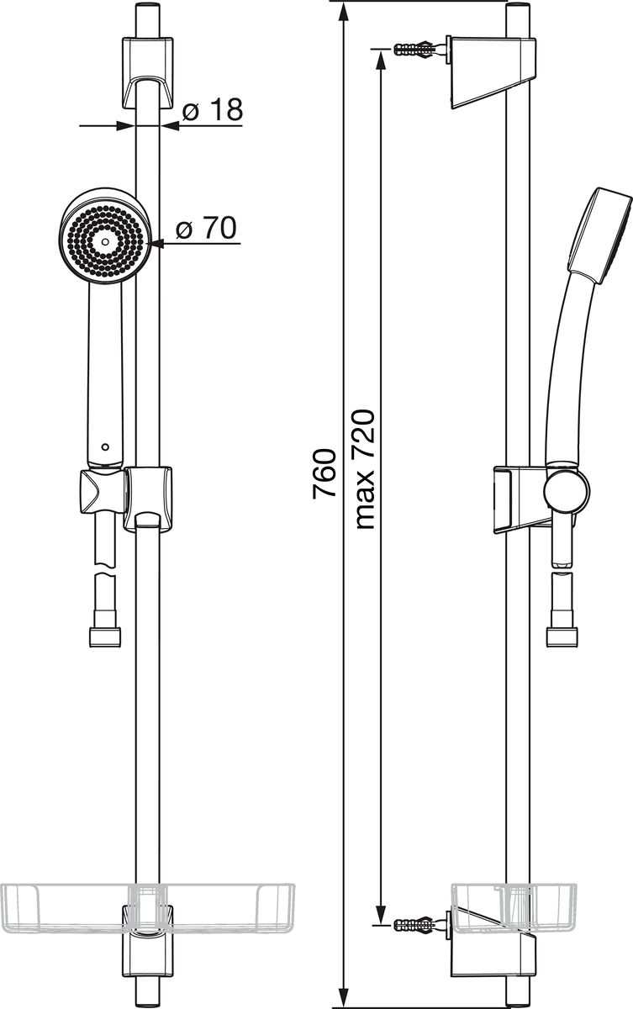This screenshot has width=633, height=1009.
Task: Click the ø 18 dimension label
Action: point(213,109)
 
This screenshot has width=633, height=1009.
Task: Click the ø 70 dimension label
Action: point(206,228)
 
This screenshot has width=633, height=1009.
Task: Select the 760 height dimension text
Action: point(324,473)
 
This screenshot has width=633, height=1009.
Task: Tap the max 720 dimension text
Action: point(365,469)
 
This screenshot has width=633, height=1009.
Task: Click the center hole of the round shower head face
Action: point(105,242)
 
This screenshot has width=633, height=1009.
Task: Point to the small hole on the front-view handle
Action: point(105,447)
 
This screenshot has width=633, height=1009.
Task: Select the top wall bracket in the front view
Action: point(148,73)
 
